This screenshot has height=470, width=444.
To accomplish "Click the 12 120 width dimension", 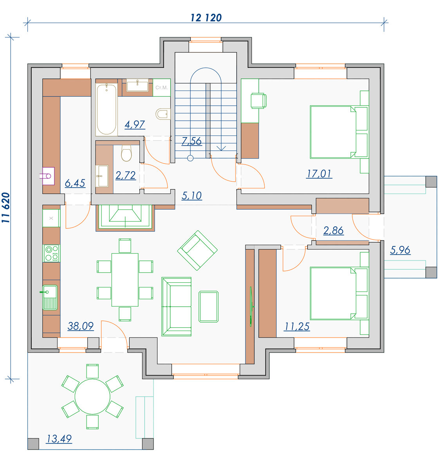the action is pos(206,18).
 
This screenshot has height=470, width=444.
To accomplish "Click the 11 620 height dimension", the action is pos(6,207).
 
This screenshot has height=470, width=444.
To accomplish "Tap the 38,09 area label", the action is pos(81,326).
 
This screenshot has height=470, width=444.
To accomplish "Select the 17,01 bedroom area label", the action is pos(319,174).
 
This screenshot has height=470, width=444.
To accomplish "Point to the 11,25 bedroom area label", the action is pos(296,326).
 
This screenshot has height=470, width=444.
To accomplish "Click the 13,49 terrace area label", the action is pos(59,439).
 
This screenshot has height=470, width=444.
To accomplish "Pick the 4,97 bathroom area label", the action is pos(135,125).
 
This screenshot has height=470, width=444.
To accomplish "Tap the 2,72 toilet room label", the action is pos(126,175).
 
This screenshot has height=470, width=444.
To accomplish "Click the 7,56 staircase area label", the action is pos(192,141).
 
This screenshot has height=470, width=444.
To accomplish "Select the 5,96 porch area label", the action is pos(400,250).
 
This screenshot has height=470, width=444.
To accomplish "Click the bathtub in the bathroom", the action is pos(106,109).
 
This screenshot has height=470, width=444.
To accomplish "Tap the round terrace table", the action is pos(92,396).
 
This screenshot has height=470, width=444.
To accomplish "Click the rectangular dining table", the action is pos(125,280).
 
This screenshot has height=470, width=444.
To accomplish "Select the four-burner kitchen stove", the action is pos(51,253).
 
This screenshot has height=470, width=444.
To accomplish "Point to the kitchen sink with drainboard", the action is pos(50,297).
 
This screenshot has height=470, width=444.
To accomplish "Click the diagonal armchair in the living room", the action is pos(197,250).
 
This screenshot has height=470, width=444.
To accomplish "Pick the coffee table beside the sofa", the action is pos(209,307).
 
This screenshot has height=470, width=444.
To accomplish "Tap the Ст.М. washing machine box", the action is pos(162,88).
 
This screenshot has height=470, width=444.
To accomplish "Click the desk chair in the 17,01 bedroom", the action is pos(259,101).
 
